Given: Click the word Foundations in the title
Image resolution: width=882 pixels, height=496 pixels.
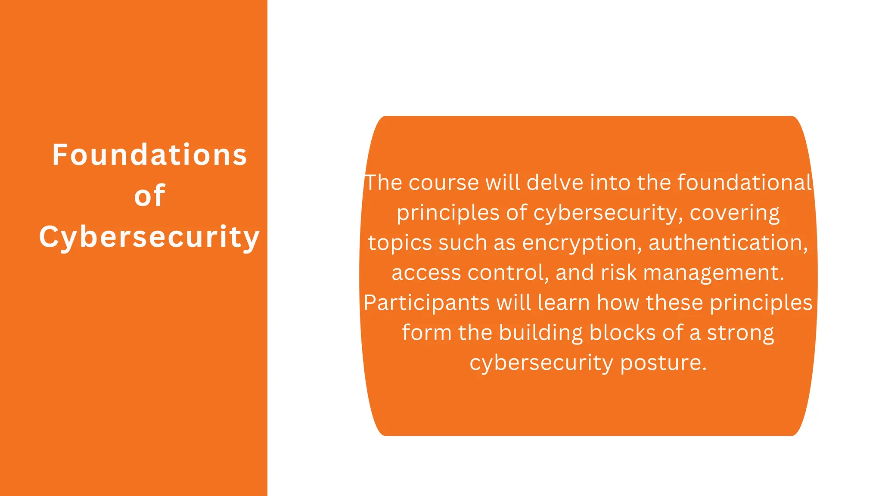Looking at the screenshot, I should tap(149, 155).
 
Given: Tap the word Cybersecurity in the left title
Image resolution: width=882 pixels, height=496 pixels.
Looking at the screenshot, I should tap(149, 237).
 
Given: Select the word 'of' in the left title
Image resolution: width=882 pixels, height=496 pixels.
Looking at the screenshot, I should tap(149, 196).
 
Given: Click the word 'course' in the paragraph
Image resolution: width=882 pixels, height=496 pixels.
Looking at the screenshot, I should tap(444, 183).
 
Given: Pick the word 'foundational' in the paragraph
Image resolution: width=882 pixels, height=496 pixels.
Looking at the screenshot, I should tap(745, 183).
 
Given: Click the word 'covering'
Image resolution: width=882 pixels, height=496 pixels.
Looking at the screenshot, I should tap(735, 213).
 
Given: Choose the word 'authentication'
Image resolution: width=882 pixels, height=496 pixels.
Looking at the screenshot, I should tap(727, 243).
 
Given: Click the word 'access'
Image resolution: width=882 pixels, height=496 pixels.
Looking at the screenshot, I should tap(426, 273).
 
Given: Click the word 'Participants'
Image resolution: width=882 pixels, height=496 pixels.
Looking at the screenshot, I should tap(426, 303).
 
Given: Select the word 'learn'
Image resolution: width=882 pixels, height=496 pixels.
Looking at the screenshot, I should tap(564, 303).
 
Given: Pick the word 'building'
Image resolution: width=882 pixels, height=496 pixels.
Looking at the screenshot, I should tap(540, 333).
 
